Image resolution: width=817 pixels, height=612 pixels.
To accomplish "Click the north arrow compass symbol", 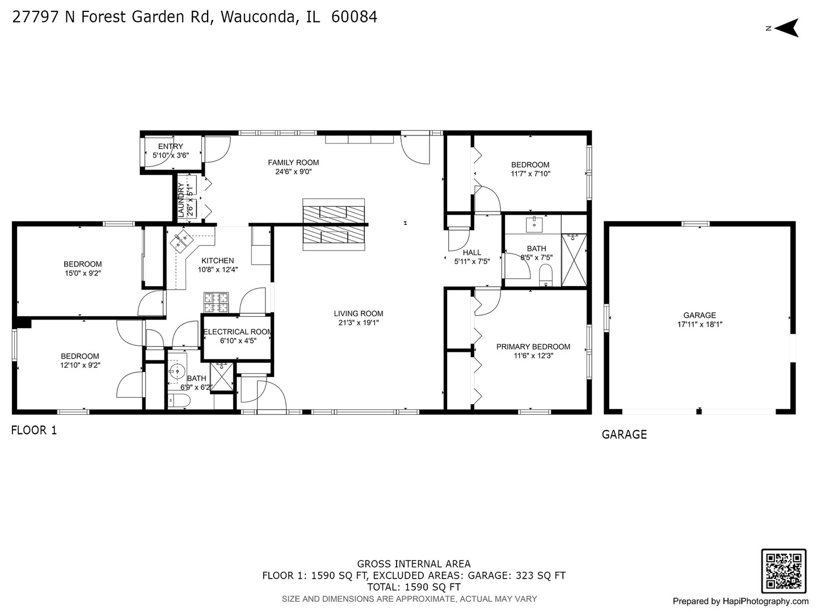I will (786, 28).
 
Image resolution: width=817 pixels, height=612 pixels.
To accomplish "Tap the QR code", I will (783, 571).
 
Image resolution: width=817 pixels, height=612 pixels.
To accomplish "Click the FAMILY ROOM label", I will (293, 163).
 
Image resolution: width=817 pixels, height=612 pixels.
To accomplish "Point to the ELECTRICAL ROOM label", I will (237, 332).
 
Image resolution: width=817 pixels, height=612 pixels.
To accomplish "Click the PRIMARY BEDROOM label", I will (533, 347).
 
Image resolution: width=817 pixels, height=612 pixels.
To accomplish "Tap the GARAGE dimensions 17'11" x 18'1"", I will (700, 325).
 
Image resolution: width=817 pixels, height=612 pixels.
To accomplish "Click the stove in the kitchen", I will (216, 302).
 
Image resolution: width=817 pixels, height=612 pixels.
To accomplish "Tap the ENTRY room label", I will (170, 146).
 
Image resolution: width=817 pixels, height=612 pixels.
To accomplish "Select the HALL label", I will (471, 253).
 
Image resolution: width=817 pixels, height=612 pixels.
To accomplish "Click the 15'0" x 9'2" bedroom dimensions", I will (82, 273).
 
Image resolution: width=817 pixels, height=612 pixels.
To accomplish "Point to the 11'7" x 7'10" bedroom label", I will (530, 165).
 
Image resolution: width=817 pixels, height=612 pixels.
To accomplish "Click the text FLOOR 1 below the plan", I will (34, 430).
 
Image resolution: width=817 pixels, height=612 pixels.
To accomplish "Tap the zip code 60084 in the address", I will (354, 17).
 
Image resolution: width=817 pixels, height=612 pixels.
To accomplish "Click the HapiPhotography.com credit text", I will (740, 601).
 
